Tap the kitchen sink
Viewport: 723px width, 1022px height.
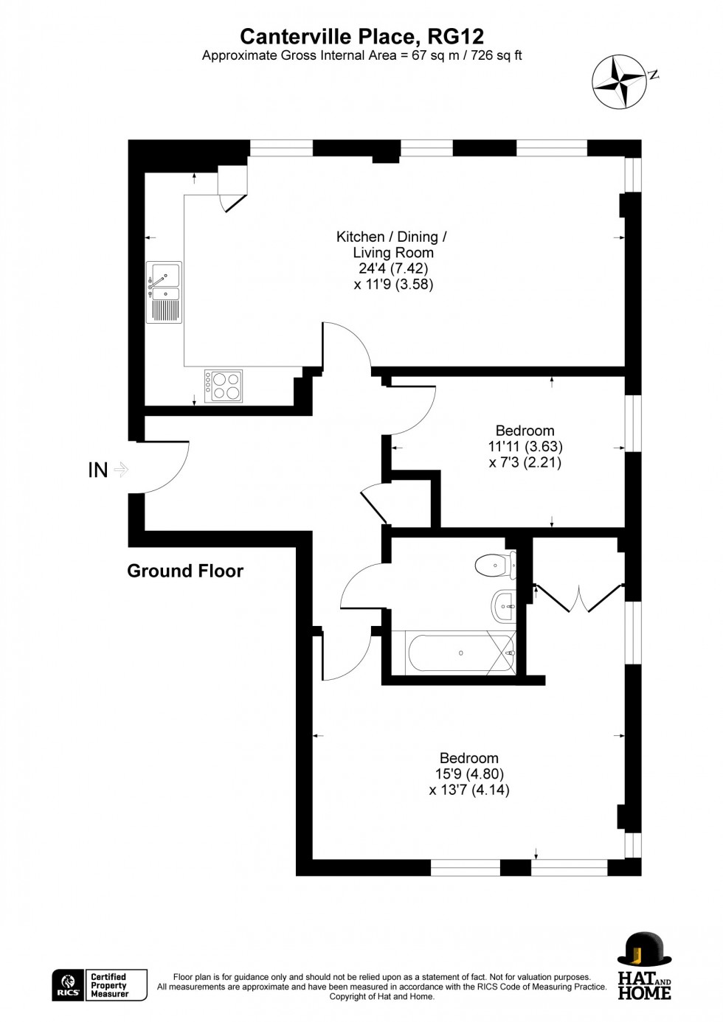tap(165, 292)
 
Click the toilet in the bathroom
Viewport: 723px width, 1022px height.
tap(494, 566)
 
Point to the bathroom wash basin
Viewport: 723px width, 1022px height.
tap(503, 607)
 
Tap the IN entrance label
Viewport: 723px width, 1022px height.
tap(98, 470)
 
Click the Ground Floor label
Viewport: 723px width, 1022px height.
tap(185, 571)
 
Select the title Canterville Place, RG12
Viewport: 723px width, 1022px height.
tap(362, 36)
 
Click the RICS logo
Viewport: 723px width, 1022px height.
tap(68, 984)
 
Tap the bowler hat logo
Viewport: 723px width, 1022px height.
tap(644, 950)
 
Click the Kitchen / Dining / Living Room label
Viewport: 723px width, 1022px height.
tap(392, 245)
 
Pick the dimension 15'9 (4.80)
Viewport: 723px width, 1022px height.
tap(469, 774)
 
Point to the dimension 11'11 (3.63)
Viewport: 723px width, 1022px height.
tap(525, 447)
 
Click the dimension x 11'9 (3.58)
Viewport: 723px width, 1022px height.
tap(393, 284)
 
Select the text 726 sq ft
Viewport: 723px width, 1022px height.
tap(494, 55)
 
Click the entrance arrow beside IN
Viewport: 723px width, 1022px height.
tap(122, 469)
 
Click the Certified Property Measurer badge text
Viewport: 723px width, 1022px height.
tap(109, 985)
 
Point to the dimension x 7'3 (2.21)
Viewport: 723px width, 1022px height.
tap(525, 463)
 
